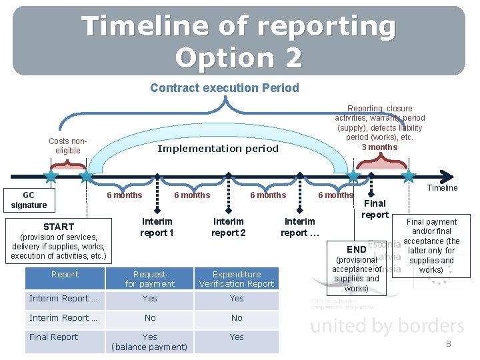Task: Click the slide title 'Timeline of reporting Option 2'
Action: pyautogui.click(x=238, y=41)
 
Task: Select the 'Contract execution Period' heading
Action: pyautogui.click(x=224, y=88)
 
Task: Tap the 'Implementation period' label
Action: pyautogui.click(x=217, y=149)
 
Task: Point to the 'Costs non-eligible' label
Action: pyautogui.click(x=67, y=145)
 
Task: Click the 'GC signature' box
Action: pyautogui.click(x=29, y=200)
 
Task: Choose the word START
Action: pyautogui.click(x=59, y=227)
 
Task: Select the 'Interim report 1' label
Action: pyautogui.click(x=157, y=227)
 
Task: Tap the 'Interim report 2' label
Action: pyautogui.click(x=228, y=227)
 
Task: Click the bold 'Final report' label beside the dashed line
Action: pyautogui.click(x=375, y=209)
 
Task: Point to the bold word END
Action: pyautogui.click(x=356, y=249)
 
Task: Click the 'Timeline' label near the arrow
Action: pyautogui.click(x=442, y=188)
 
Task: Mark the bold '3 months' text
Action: pyautogui.click(x=379, y=147)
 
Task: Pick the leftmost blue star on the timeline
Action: pyautogui.click(x=51, y=176)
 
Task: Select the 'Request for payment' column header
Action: pyautogui.click(x=149, y=279)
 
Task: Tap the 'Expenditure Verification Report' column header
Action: pyautogui.click(x=237, y=279)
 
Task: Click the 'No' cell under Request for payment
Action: pyautogui.click(x=149, y=318)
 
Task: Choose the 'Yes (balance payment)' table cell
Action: pyautogui.click(x=149, y=341)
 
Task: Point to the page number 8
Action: pyautogui.click(x=449, y=344)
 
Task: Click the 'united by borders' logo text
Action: pyautogui.click(x=387, y=326)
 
